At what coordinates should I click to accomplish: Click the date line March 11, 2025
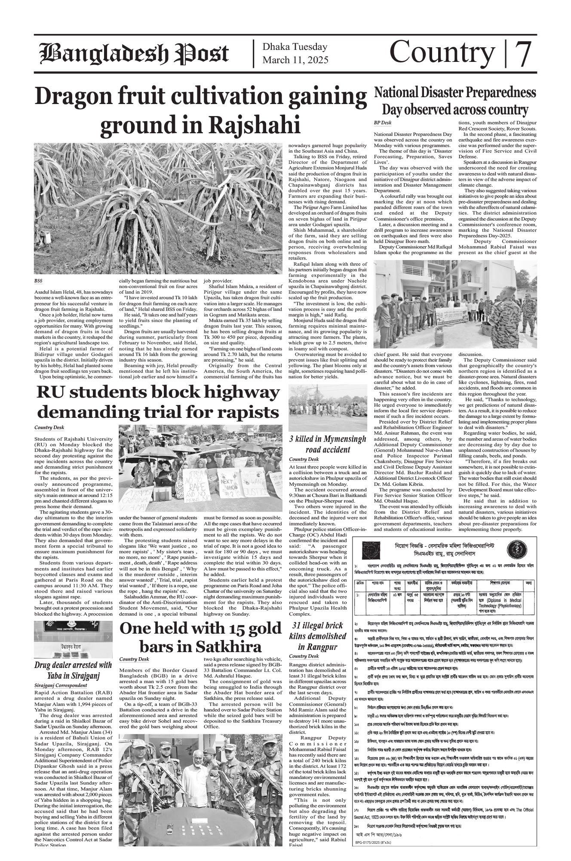click(x=295, y=60)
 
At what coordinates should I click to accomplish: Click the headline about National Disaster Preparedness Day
click(x=455, y=101)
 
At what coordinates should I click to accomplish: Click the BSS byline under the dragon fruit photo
click(x=38, y=281)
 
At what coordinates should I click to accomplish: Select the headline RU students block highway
click(x=157, y=403)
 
